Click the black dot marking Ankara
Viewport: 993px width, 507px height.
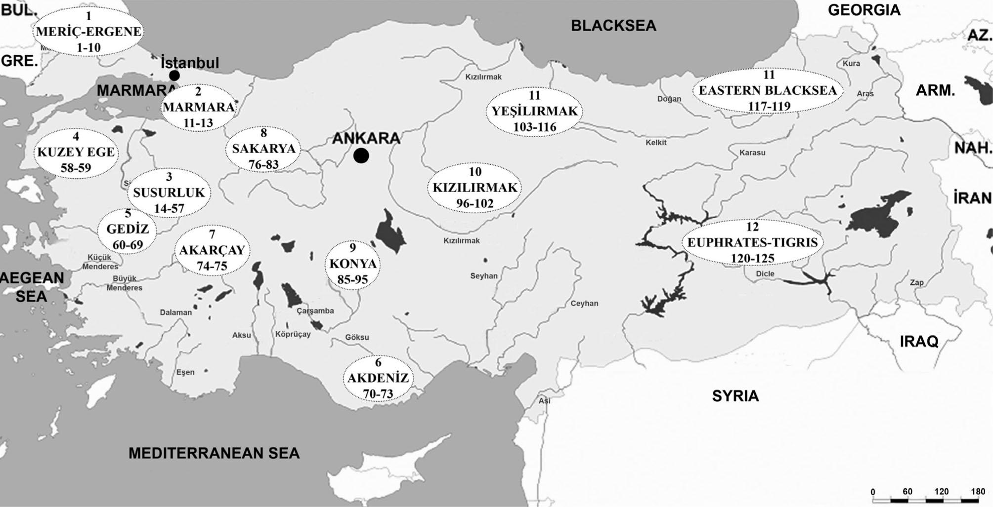[361, 156]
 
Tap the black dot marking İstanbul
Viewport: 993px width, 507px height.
[174, 76]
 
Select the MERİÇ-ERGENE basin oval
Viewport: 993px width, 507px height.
[88, 32]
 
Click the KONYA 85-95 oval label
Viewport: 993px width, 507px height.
[352, 264]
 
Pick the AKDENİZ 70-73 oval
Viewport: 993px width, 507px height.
[378, 379]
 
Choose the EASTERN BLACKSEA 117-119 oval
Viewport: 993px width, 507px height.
[768, 91]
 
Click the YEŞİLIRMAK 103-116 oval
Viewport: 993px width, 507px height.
[534, 112]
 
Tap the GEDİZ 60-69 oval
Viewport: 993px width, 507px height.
[128, 230]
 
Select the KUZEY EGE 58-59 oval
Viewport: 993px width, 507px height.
[76, 153]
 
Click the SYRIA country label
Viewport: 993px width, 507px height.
[735, 396]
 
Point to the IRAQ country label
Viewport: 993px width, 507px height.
[918, 342]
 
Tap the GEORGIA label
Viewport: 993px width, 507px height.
[863, 10]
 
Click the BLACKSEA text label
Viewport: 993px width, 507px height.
[613, 26]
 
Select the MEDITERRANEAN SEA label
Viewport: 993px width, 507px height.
[214, 453]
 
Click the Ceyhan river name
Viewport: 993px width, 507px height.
[584, 304]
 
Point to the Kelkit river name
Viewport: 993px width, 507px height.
[656, 143]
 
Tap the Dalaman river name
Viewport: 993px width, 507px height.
[175, 312]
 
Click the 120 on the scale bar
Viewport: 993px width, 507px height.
[941, 492]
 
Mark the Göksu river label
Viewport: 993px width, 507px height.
[357, 337]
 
